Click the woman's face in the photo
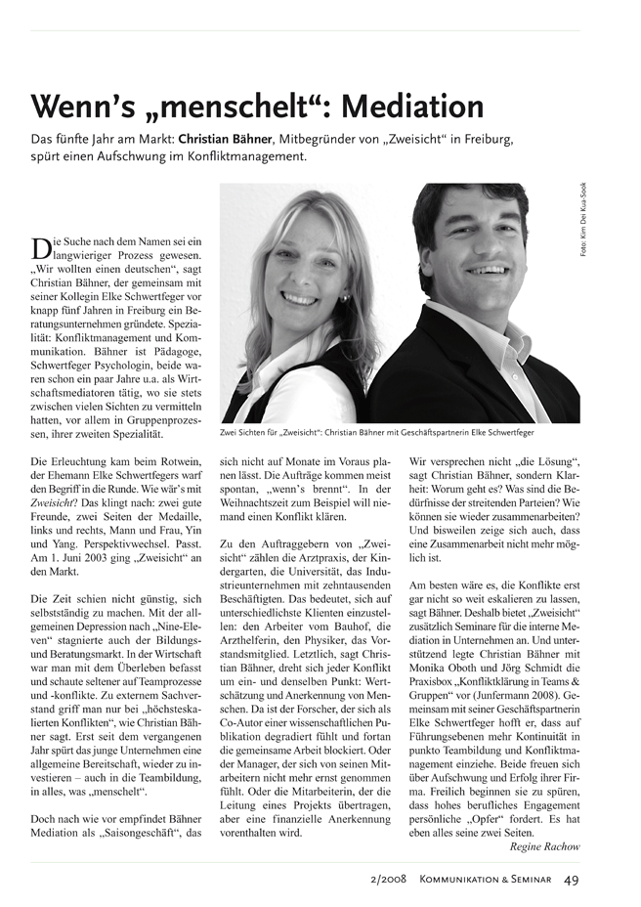point(297,276)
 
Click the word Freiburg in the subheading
point(483,139)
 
